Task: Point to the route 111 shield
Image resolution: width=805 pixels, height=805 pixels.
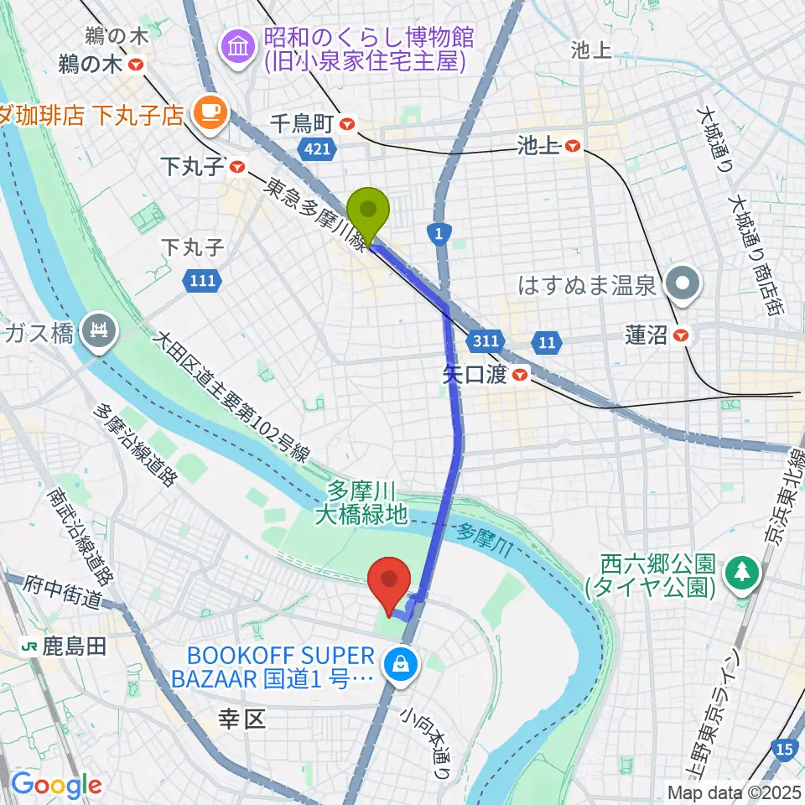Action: tap(201, 282)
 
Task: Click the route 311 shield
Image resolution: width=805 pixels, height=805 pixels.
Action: tap(489, 341)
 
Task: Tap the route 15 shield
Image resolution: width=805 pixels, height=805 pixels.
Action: tap(786, 750)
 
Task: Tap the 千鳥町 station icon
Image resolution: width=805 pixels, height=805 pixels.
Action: tap(348, 125)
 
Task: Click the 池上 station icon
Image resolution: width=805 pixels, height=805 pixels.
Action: tap(573, 146)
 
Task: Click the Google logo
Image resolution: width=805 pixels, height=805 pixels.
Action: tap(56, 785)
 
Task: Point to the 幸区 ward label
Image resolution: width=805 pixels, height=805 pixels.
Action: tap(241, 719)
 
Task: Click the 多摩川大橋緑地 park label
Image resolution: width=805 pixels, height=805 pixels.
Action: tap(361, 503)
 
